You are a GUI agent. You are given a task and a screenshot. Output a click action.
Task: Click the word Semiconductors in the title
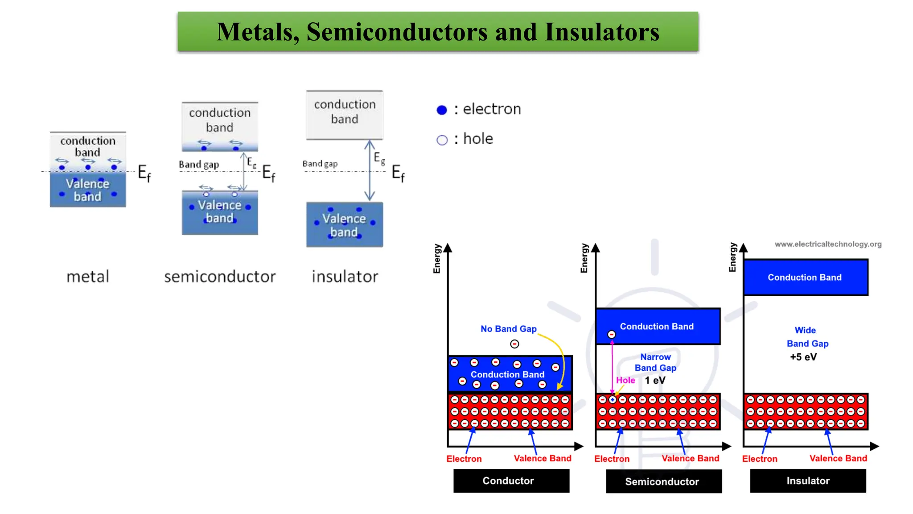tap(397, 32)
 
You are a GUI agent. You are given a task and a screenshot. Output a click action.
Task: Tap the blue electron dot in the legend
tap(442, 110)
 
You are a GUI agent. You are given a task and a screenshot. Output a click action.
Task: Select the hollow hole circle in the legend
tap(442, 140)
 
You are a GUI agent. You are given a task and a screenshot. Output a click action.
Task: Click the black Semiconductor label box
tap(663, 481)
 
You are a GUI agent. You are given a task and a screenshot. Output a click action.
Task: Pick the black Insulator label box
tap(807, 481)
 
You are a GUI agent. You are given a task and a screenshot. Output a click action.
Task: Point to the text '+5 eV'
tap(803, 357)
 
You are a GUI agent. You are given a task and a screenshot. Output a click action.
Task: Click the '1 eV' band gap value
tap(655, 381)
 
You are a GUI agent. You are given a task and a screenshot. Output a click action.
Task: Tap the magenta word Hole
tap(625, 380)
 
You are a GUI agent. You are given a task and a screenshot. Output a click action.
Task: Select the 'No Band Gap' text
tap(508, 329)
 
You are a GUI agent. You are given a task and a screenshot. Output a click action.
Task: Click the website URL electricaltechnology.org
tap(828, 244)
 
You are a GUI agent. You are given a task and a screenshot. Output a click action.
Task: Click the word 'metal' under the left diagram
tap(88, 277)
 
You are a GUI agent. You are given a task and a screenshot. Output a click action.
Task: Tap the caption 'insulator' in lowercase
tap(345, 277)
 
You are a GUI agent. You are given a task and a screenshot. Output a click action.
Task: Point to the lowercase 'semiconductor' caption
tap(220, 277)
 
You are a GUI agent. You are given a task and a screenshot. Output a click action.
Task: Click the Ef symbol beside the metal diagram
tap(144, 173)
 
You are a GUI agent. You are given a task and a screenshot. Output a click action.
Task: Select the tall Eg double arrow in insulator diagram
tap(369, 170)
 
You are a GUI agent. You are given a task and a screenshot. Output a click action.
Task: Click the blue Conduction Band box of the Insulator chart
tap(805, 277)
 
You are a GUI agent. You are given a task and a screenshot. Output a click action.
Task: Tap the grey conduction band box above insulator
tap(345, 115)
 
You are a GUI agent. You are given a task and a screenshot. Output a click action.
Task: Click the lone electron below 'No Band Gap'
tap(514, 344)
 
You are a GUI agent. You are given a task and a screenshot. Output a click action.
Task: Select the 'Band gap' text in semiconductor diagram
tap(199, 165)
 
